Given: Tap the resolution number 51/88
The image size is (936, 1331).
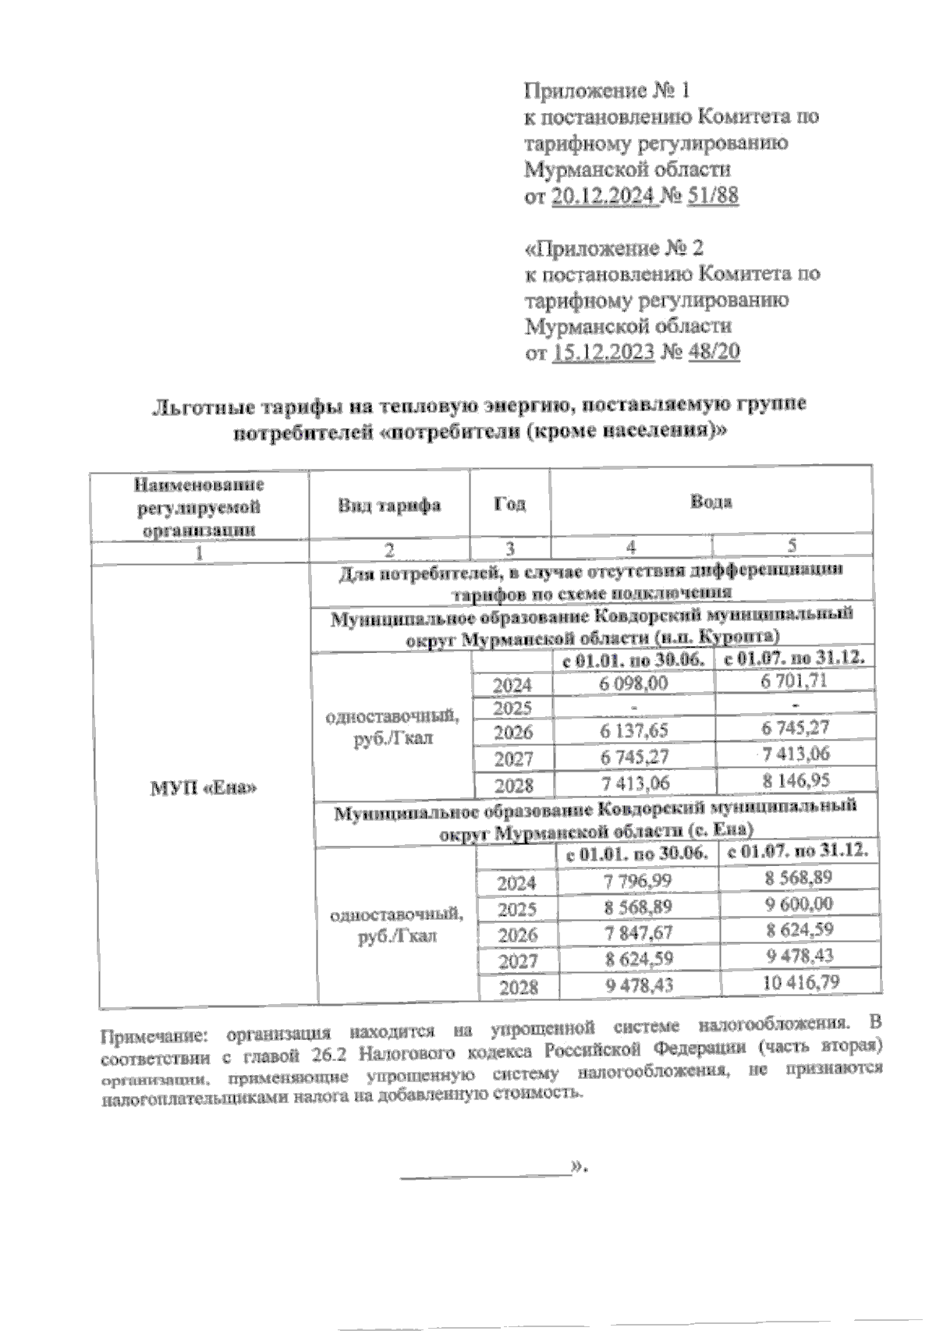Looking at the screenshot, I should [712, 196].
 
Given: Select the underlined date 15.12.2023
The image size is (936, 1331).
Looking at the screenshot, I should [603, 353].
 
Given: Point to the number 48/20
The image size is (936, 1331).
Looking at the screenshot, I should [713, 353].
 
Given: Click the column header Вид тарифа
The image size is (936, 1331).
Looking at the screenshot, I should [388, 505].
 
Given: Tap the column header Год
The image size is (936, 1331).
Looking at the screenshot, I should [510, 503].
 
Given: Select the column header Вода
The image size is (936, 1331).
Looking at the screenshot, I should [711, 502].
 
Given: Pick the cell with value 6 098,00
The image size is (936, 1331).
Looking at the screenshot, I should [633, 683].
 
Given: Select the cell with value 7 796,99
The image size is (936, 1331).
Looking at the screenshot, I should [638, 882].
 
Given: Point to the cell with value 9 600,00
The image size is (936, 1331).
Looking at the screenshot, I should [798, 903].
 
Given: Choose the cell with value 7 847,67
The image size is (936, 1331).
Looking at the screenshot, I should [638, 932].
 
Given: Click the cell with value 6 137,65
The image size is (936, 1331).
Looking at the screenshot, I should [633, 732].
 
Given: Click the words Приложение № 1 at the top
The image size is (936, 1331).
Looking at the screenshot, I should [606, 91].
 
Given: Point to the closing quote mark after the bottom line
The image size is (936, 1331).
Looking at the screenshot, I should [578, 1167].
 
